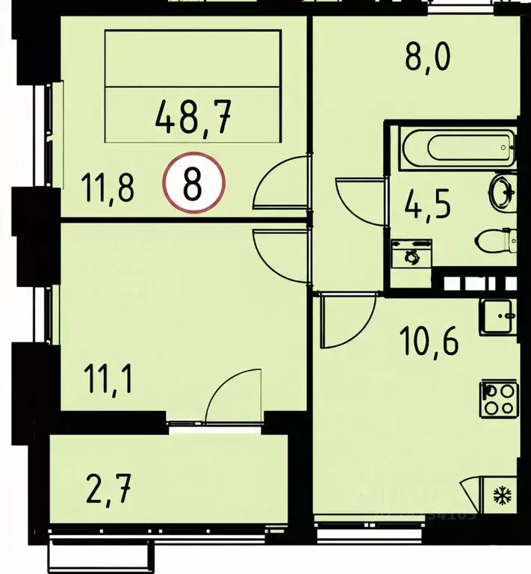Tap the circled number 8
[x=193, y=183]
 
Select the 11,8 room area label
[x=108, y=188]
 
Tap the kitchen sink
[x=497, y=317]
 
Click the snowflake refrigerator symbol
[x=498, y=494]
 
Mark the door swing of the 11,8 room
[x=282, y=183]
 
